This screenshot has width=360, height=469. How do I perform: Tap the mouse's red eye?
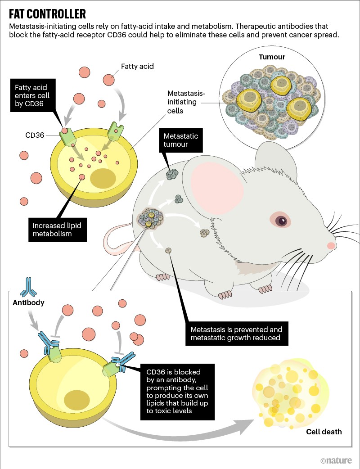(281, 221)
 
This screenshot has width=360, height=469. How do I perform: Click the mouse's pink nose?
(331, 246)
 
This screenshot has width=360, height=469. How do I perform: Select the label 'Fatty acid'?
(137, 67)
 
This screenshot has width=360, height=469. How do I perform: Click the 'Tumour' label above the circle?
(272, 57)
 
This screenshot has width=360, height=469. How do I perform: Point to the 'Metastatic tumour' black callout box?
(181, 140)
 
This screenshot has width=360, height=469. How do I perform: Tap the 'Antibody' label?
(28, 303)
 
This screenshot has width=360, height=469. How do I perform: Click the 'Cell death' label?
(324, 432)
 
